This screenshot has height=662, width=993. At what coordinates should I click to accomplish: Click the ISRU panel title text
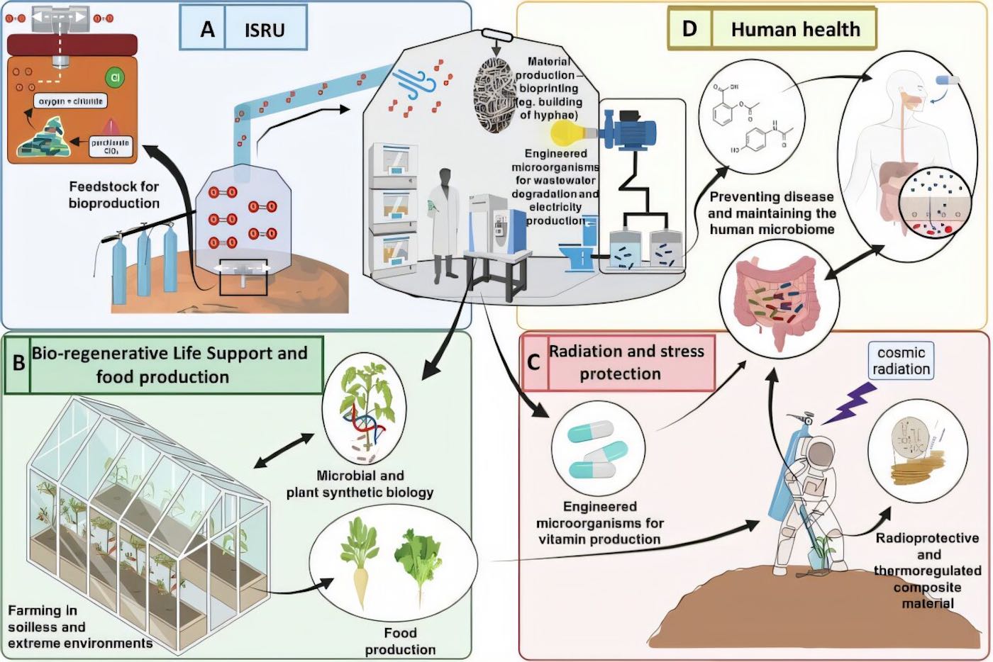[265, 30]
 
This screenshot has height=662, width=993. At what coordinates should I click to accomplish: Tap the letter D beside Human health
[689, 28]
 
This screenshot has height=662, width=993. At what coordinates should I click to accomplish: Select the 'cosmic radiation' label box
[901, 361]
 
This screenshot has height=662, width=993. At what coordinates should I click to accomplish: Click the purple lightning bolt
[849, 404]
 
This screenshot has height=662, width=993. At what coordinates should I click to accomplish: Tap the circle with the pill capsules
[598, 449]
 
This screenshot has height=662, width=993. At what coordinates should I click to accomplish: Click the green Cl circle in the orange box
[114, 77]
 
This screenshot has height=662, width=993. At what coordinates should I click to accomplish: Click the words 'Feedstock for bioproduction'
[114, 195]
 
